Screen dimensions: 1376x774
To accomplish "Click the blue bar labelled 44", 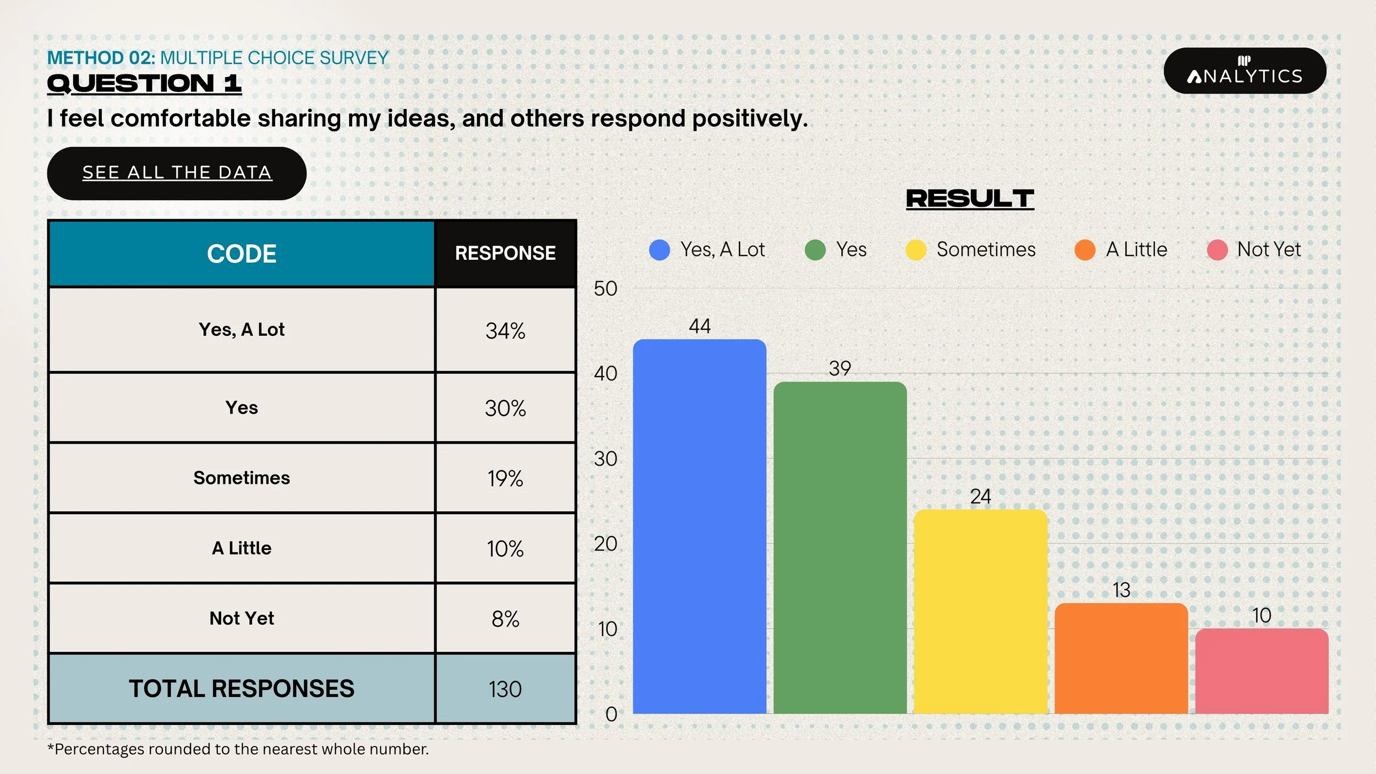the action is click(700, 526).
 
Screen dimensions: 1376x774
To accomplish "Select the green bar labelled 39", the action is click(840, 548).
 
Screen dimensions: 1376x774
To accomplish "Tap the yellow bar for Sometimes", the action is click(980, 612).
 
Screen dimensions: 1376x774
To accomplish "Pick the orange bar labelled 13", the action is click(1121, 658).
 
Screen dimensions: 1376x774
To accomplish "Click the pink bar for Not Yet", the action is click(1262, 671).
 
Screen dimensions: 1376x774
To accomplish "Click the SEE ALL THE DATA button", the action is click(177, 173).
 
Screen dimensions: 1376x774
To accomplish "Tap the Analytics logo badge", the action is click(1245, 70).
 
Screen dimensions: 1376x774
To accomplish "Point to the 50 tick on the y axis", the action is click(605, 288).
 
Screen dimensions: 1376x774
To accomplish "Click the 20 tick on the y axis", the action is click(605, 544).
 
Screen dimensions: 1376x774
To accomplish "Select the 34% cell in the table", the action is click(505, 330).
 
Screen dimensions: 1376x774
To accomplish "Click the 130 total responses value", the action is click(505, 689).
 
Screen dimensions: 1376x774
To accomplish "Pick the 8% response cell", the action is click(505, 619).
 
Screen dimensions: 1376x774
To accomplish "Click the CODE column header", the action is click(242, 254).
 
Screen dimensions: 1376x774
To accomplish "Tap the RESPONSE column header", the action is click(505, 253).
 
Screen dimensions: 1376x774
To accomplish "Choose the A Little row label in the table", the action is click(242, 548).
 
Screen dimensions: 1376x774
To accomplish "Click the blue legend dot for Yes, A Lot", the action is click(659, 250).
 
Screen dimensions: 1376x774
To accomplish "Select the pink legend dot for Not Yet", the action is click(1217, 250).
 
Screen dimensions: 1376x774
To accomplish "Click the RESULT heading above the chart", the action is click(970, 199).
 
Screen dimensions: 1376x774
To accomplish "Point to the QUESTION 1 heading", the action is click(144, 84).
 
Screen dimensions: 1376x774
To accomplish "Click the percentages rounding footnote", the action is click(238, 749).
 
